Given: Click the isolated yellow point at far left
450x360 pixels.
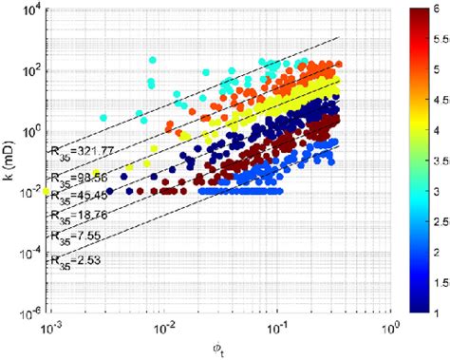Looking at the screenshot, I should [x=46, y=192].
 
